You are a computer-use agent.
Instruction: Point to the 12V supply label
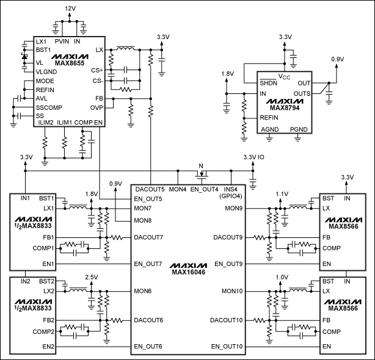(x=71, y=7)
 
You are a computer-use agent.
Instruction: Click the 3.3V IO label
(x=253, y=158)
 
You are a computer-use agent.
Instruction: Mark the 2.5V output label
(x=92, y=276)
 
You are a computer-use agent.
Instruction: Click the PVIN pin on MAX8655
(x=62, y=41)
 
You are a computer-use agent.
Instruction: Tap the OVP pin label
(x=96, y=107)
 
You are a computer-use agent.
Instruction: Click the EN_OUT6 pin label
(x=148, y=346)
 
